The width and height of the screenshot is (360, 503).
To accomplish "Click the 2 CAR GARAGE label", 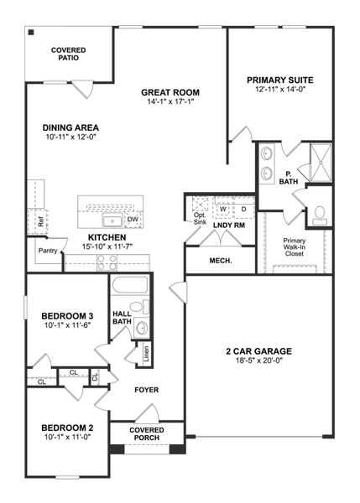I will pos(257,350).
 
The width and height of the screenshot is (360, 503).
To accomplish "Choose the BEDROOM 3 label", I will pos(67,316).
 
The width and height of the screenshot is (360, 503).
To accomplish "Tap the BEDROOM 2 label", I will pos(67,428).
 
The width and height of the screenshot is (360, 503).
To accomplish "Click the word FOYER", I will pos(147,390).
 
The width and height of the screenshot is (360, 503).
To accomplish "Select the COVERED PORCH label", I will pos(147,434).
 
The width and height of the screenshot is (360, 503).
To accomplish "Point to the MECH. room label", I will pos(220,261).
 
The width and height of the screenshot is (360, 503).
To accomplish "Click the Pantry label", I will pos(47,250).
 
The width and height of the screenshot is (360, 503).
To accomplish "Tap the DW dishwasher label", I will pos(132,220).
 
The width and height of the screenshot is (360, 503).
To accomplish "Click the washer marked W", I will pos(223,210).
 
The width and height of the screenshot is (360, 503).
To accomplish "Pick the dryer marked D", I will pos(243,210).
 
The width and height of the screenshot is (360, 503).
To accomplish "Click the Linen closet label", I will pos(146,353).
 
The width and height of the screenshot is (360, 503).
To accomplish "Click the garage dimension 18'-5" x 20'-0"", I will pos(257,361).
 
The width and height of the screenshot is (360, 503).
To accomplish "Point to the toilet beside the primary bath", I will pos(320,215).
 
